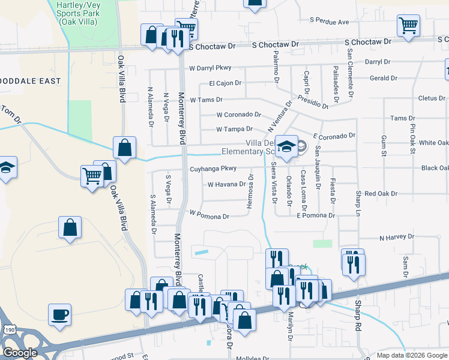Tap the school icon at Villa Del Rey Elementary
[287, 146]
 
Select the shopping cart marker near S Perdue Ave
[408, 26]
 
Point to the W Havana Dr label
[226, 184]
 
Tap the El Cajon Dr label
[225, 83]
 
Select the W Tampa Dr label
[234, 129]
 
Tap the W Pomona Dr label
[209, 213]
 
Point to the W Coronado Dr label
[239, 114]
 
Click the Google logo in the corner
[20, 353]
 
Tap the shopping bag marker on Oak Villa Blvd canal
[124, 147]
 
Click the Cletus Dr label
[432, 98]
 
